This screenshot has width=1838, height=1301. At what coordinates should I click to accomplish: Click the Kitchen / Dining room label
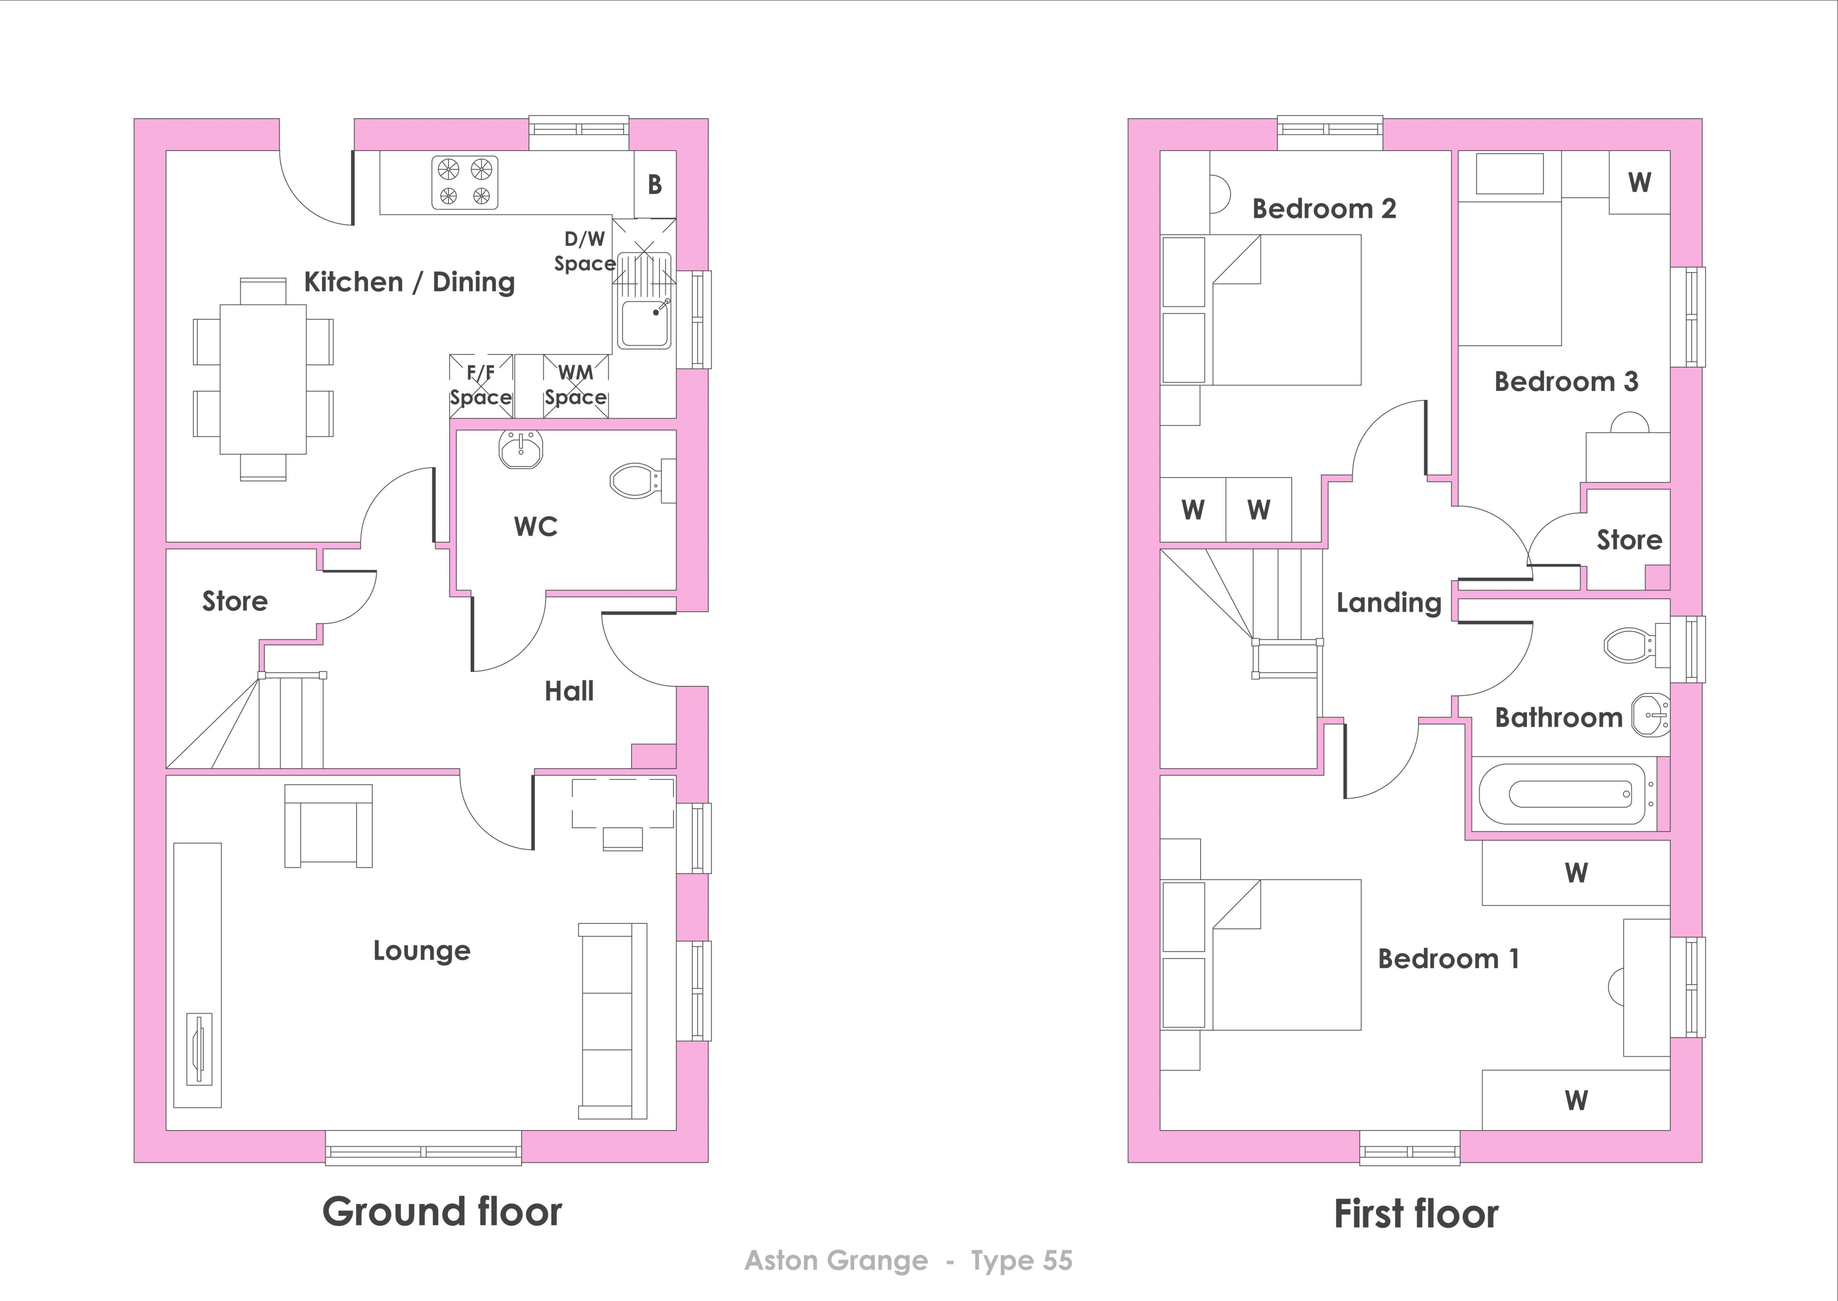[409, 282]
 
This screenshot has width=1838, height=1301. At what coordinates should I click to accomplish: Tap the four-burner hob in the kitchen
[465, 182]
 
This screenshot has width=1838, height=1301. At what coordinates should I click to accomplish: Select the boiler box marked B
[655, 183]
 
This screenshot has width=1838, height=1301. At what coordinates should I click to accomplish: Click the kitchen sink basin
[645, 324]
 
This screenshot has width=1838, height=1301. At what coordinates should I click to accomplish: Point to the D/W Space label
[585, 251]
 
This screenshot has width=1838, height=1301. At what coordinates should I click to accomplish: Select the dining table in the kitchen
[263, 379]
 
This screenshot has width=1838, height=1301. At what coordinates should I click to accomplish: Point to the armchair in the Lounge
[328, 825]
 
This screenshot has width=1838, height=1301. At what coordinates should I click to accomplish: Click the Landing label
[1389, 602]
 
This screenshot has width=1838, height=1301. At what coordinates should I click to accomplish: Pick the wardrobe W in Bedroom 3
[1639, 182]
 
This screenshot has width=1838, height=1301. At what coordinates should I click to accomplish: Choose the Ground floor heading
[442, 1212]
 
